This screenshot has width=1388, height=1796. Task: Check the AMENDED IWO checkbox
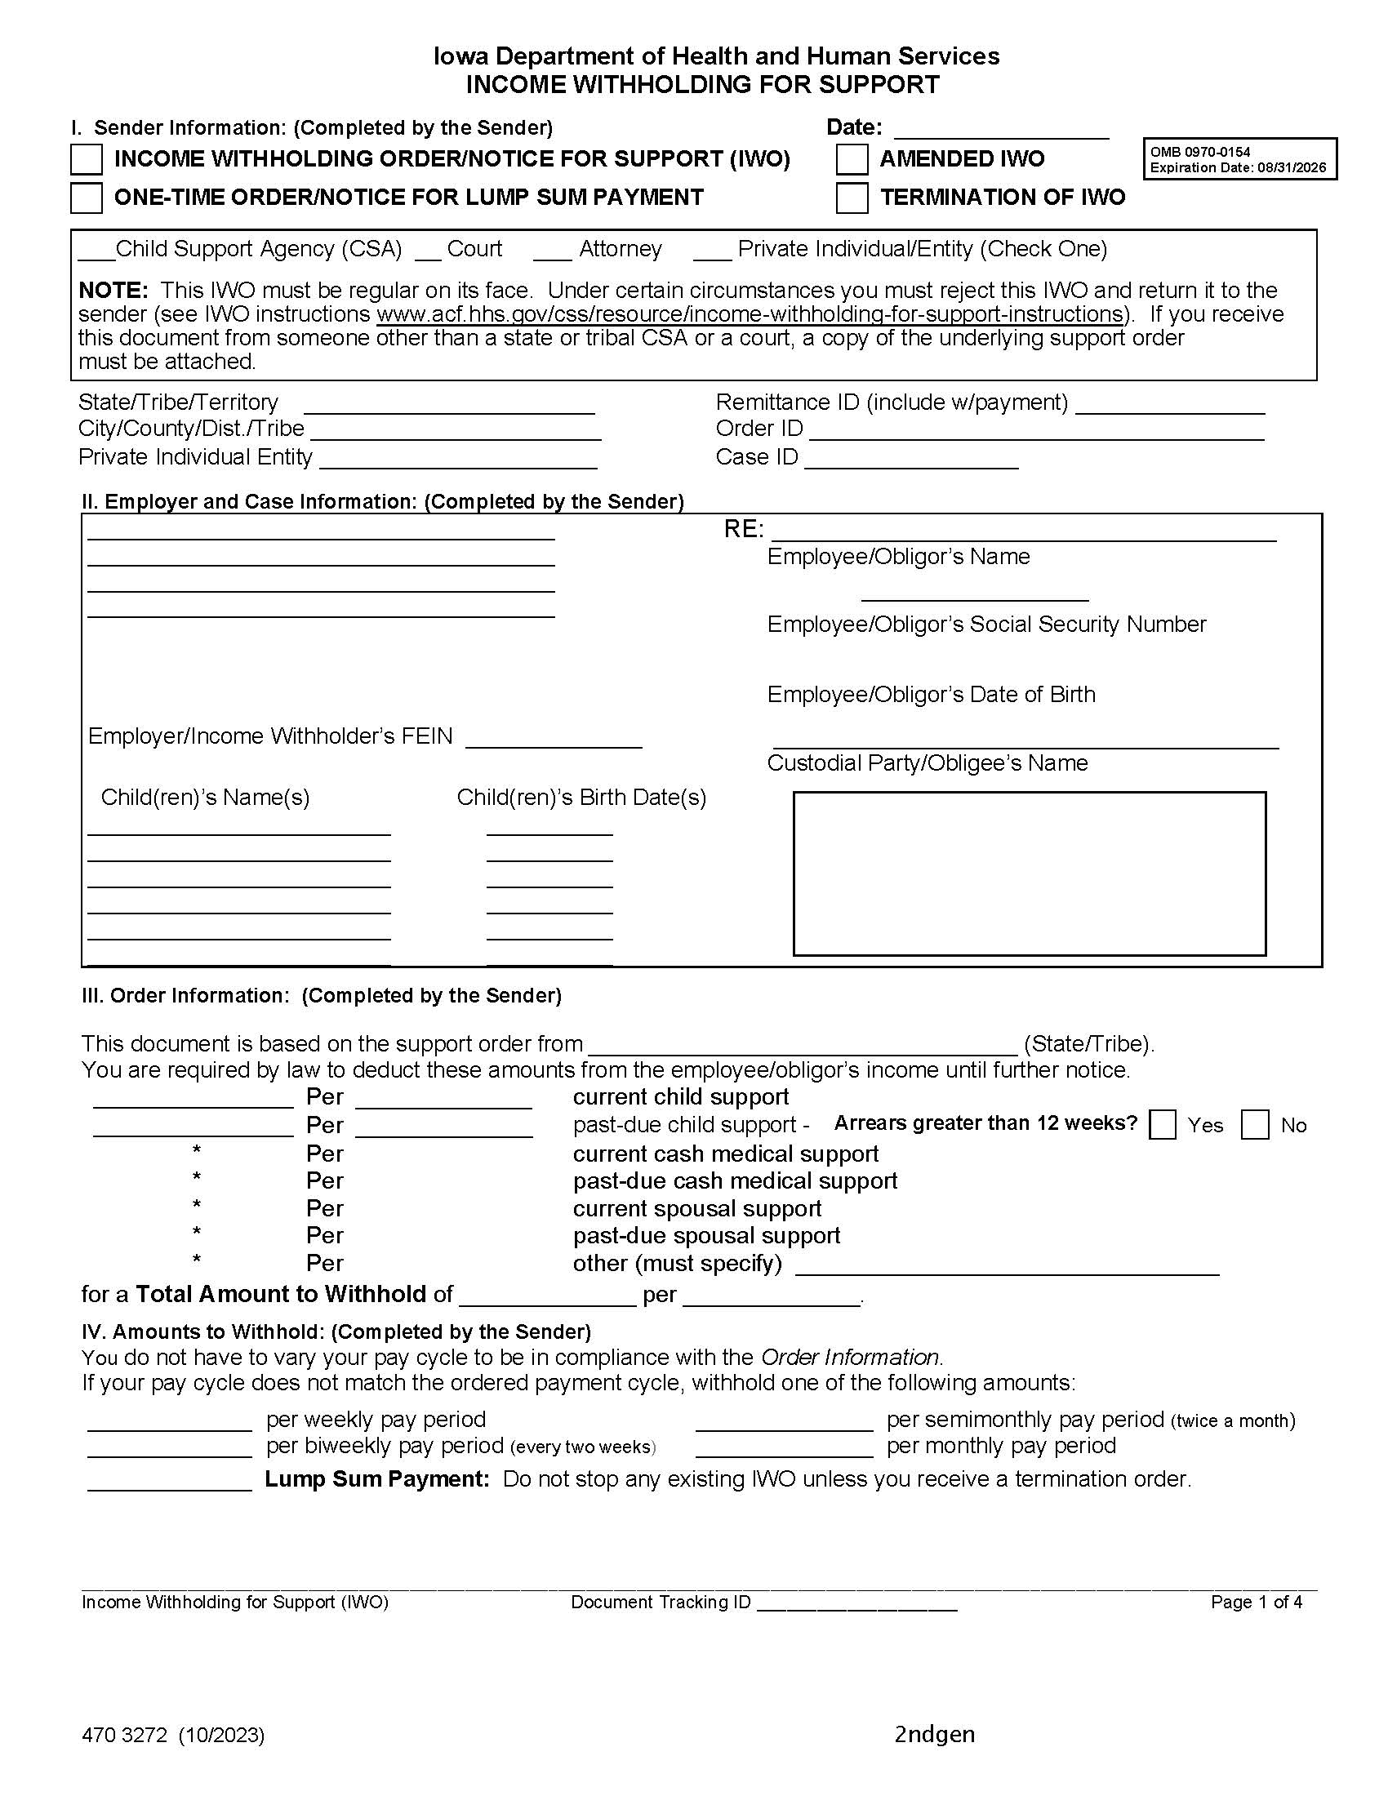(x=852, y=159)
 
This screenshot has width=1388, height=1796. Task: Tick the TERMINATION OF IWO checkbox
(x=852, y=198)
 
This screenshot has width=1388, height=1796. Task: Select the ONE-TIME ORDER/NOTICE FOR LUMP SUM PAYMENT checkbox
(x=87, y=198)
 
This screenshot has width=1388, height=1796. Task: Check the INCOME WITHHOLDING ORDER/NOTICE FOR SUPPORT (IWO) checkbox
(x=87, y=159)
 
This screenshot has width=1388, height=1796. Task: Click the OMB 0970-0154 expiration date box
(x=1239, y=159)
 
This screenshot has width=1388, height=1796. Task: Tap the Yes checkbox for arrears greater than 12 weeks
(x=1162, y=1124)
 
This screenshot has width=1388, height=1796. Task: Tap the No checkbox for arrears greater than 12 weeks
(x=1254, y=1124)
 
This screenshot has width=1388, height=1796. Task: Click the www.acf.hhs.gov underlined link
(x=749, y=314)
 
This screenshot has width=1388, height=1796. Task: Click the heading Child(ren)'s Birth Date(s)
(x=581, y=797)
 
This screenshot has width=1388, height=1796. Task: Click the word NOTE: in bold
(x=113, y=291)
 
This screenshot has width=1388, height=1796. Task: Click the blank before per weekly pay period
(x=169, y=1424)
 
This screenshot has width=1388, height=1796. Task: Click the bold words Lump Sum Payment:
(x=377, y=1478)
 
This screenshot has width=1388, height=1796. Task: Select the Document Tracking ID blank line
(x=856, y=1602)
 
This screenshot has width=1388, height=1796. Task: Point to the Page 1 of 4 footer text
(x=1256, y=1602)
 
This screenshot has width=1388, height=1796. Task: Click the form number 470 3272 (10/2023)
(x=172, y=1735)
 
